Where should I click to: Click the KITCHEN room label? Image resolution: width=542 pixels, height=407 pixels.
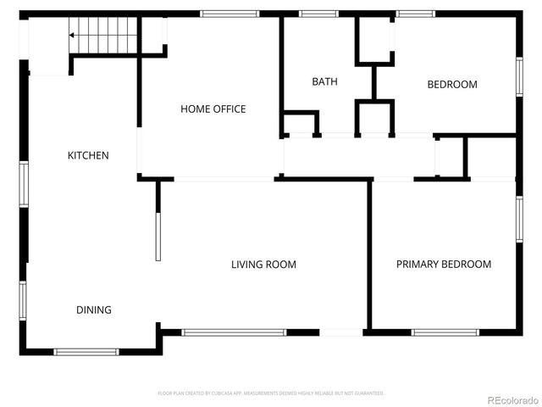pyautogui.click(x=88, y=155)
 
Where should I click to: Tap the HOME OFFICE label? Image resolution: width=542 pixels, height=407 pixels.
pyautogui.click(x=213, y=109)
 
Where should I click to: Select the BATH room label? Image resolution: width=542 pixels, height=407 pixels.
pyautogui.click(x=324, y=81)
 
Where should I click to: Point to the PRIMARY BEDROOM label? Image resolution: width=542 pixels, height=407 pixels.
pyautogui.click(x=444, y=264)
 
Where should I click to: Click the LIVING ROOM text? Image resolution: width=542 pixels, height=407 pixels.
pyautogui.click(x=263, y=264)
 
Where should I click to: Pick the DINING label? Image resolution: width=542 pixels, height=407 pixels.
pyautogui.click(x=94, y=309)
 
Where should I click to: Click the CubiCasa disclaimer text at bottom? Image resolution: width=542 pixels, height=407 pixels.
pyautogui.click(x=271, y=393)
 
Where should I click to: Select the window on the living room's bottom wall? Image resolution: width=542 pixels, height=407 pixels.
pyautogui.click(x=235, y=332)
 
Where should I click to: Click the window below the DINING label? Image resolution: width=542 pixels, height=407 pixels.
pyautogui.click(x=87, y=351)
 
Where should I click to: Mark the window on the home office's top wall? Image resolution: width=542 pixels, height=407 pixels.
pyautogui.click(x=230, y=14)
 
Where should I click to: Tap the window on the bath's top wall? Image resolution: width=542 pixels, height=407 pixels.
pyautogui.click(x=318, y=14)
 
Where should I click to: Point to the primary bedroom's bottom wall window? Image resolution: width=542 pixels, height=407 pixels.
pyautogui.click(x=445, y=332)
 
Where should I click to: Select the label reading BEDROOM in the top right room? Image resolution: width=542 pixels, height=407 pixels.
pyautogui.click(x=451, y=84)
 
